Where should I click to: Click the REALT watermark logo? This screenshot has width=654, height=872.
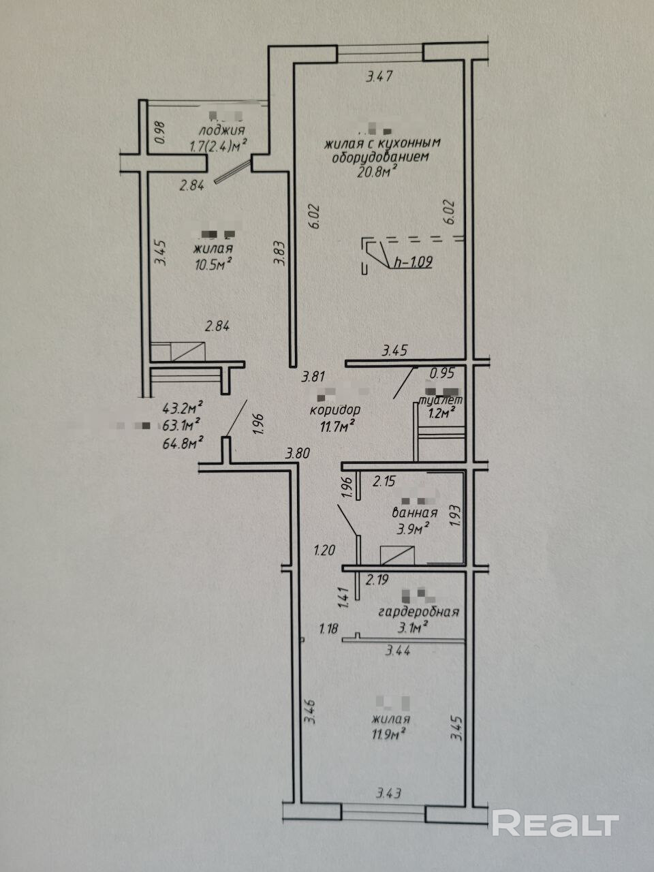coord(555,824)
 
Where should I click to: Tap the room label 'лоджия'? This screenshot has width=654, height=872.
coord(221,131)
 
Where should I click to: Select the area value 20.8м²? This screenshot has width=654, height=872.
coord(377,172)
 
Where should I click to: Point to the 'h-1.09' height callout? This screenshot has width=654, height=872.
coord(413,262)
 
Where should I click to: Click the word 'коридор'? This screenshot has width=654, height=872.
coord(334,411)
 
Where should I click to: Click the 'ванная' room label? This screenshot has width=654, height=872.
coord(414,512)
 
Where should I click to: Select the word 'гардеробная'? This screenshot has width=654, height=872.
coord(418,612)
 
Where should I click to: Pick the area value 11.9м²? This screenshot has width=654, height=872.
coord(389,734)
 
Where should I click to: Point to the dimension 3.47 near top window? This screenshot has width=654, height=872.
coord(379,77)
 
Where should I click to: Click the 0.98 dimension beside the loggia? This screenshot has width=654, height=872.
coord(160,131)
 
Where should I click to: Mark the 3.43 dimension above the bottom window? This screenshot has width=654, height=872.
coord(390,794)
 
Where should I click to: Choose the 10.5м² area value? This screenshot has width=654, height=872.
coord(214,264)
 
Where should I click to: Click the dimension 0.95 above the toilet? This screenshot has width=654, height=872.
coord(442,373)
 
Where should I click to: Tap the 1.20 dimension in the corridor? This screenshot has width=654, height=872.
coord(324,550)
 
